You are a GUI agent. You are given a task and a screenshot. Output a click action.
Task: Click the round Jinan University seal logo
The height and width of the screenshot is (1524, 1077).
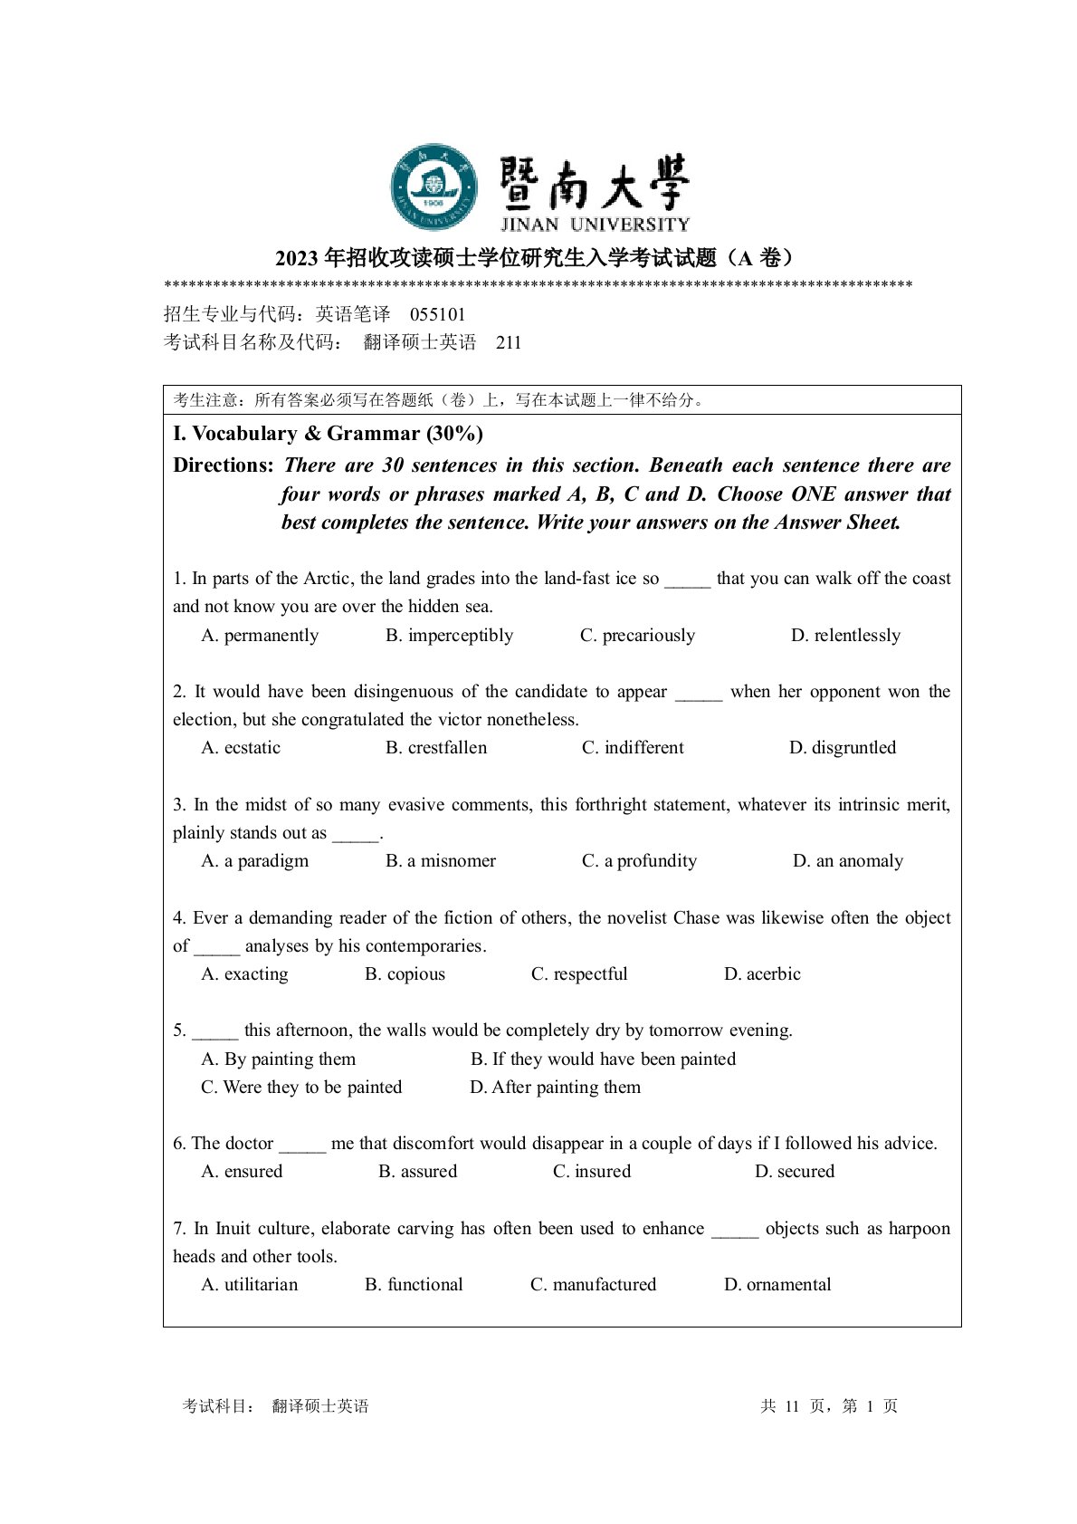tap(434, 187)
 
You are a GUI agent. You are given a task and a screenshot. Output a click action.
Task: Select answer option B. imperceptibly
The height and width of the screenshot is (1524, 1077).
tap(449, 636)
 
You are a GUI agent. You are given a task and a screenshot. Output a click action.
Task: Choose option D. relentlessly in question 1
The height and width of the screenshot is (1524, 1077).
tap(845, 636)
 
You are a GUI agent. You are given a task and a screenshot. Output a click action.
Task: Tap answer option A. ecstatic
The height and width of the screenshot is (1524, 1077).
tap(241, 748)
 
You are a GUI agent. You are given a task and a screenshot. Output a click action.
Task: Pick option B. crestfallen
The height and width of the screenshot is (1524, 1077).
tap(436, 748)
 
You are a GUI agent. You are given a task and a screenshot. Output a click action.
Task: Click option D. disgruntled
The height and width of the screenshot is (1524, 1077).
tap(843, 748)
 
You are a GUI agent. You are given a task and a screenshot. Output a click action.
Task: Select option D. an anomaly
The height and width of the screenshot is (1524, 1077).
tap(848, 861)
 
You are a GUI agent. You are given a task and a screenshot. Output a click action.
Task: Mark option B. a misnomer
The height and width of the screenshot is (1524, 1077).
tap(441, 861)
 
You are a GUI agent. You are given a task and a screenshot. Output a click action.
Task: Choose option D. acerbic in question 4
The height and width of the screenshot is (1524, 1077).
tap(762, 974)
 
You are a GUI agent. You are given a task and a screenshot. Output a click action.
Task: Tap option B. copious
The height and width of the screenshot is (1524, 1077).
tap(405, 974)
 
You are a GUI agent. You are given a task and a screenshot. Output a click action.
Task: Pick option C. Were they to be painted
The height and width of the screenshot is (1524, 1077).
tap(301, 1088)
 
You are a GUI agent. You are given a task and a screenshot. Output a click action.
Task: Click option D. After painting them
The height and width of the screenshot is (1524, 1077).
tap(555, 1088)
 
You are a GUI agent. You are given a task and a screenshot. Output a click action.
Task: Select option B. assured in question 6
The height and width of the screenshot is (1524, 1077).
tap(417, 1172)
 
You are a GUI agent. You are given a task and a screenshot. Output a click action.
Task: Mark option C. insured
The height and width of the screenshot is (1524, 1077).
tap(592, 1172)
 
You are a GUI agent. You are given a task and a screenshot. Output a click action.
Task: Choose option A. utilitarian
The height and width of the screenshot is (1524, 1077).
tap(249, 1285)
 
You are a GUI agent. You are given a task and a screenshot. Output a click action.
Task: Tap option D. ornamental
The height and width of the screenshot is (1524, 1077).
tap(777, 1285)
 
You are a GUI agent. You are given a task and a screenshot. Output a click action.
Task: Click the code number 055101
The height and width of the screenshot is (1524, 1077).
tap(438, 315)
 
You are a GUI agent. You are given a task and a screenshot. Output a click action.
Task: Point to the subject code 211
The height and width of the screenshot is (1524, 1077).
tap(509, 343)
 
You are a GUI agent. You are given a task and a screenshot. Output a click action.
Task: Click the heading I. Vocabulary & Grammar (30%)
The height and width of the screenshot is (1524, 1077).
tap(328, 434)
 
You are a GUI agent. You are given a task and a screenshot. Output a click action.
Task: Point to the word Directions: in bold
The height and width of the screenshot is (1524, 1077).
tap(224, 465)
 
